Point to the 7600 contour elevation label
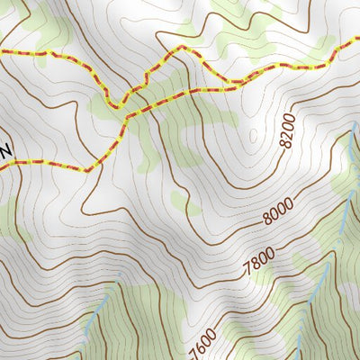point(203,342)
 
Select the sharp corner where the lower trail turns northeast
point(88,169)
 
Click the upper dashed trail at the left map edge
point(3,53)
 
